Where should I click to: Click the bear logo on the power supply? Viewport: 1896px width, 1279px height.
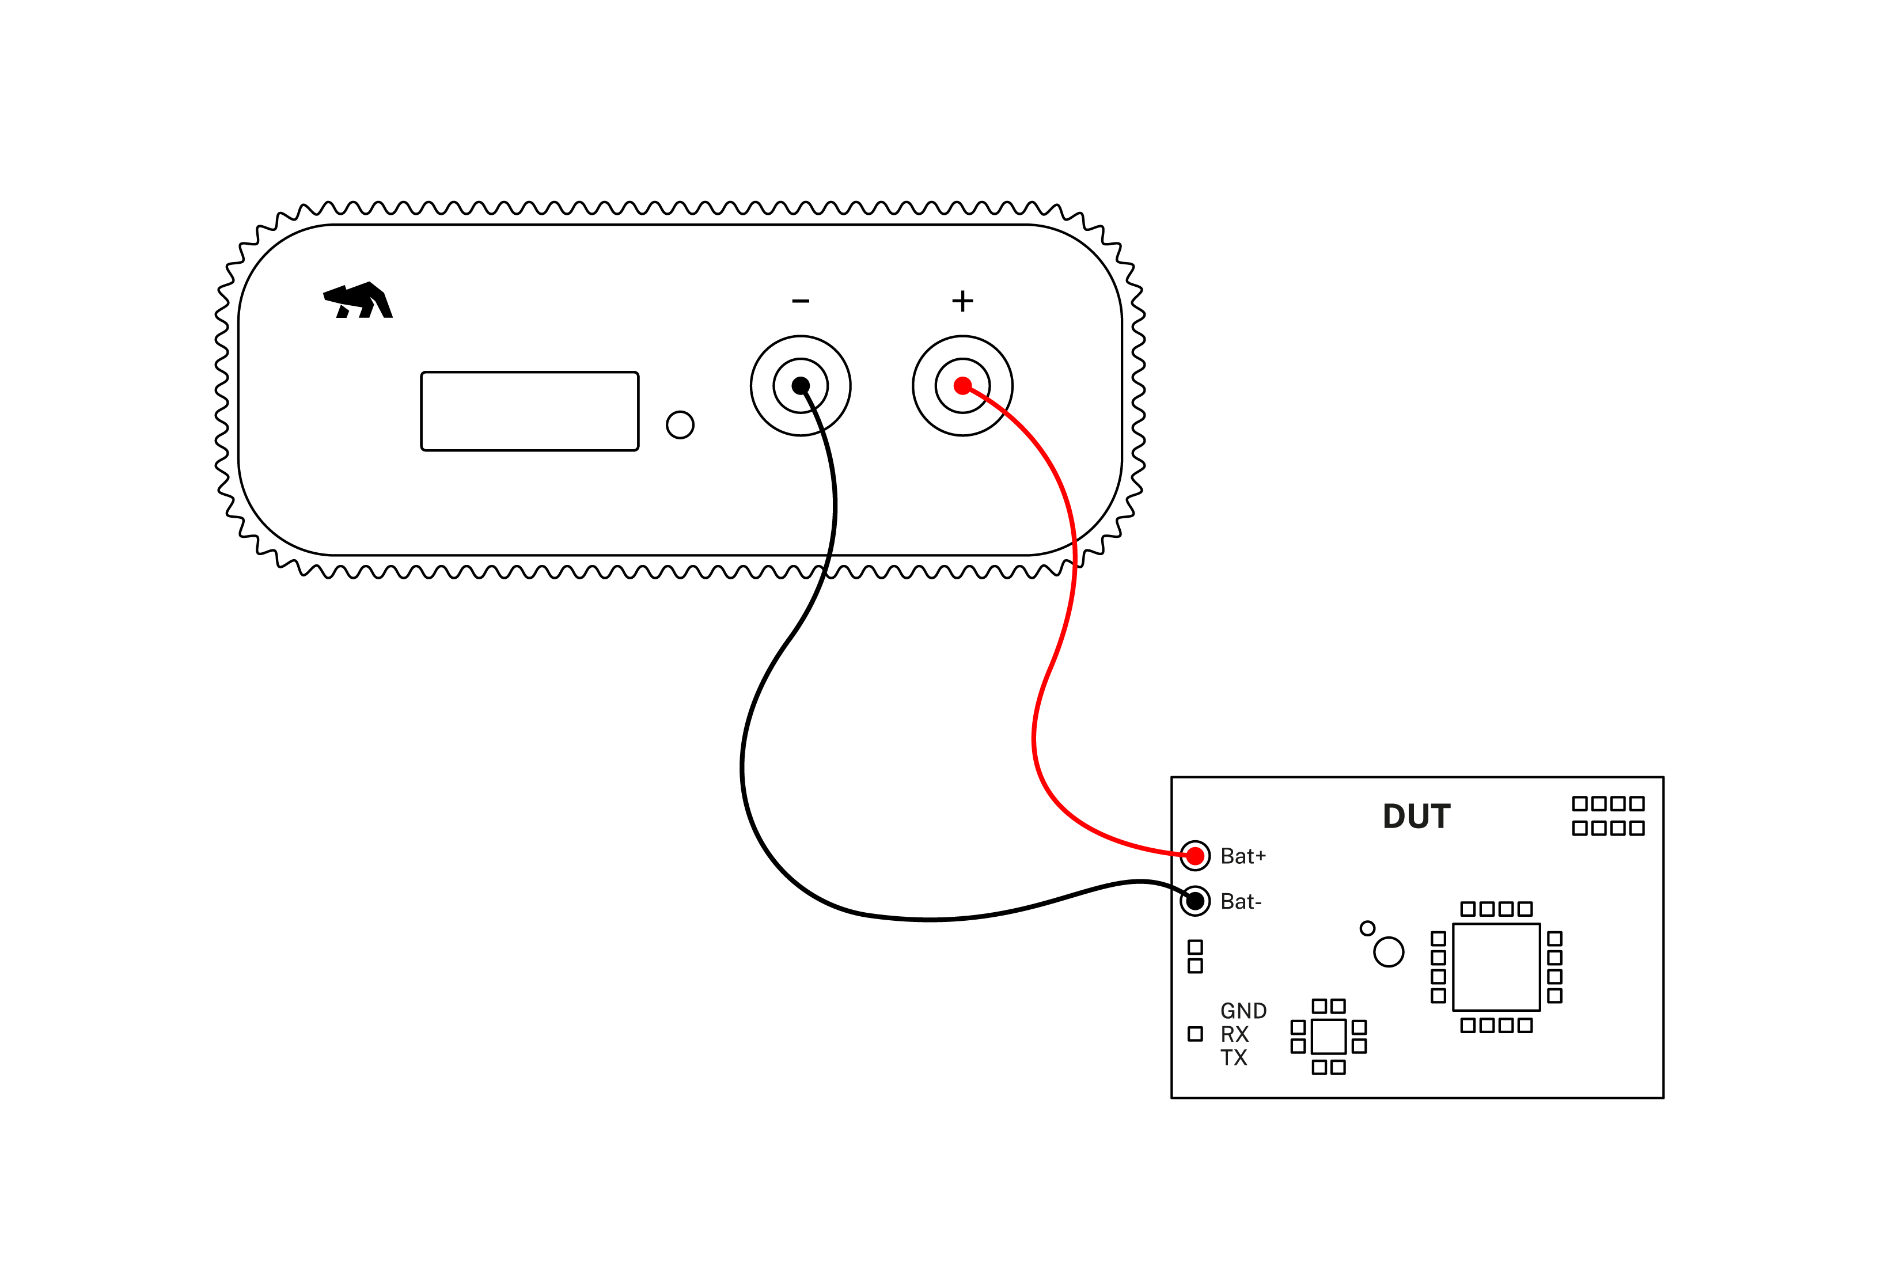(x=359, y=301)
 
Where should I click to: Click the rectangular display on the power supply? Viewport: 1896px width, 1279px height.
(x=529, y=411)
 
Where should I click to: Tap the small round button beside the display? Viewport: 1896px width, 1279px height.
(x=680, y=425)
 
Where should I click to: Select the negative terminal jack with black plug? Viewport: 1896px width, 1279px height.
(x=801, y=386)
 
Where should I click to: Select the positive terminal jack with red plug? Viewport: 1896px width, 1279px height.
(x=962, y=386)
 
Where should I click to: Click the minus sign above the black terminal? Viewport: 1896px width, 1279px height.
(x=801, y=302)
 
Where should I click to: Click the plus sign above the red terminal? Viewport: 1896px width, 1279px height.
(x=962, y=301)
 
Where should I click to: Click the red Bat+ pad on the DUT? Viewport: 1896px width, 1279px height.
(x=1195, y=856)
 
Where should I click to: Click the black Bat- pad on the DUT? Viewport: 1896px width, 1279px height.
(x=1195, y=901)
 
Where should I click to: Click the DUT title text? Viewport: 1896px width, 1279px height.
(x=1416, y=817)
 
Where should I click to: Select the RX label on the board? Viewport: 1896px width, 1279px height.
(x=1234, y=1034)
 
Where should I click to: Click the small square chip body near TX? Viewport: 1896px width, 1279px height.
(x=1328, y=1037)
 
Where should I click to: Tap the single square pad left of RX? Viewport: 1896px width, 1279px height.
(x=1195, y=1034)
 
